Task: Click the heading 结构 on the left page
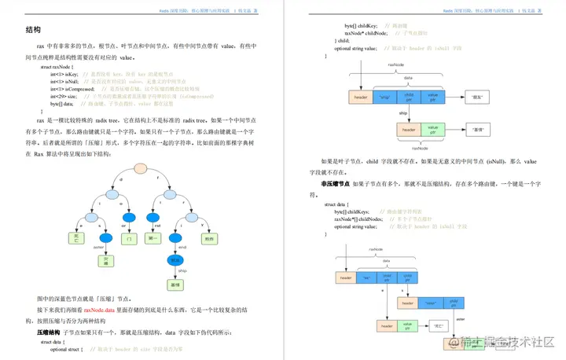click(x=34, y=30)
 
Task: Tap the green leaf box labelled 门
click(x=131, y=237)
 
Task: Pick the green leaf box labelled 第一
click(x=154, y=237)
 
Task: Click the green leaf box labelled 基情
click(x=175, y=286)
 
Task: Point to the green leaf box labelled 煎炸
click(x=209, y=237)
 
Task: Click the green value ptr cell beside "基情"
click(x=432, y=128)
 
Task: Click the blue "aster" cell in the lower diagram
click(x=430, y=302)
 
